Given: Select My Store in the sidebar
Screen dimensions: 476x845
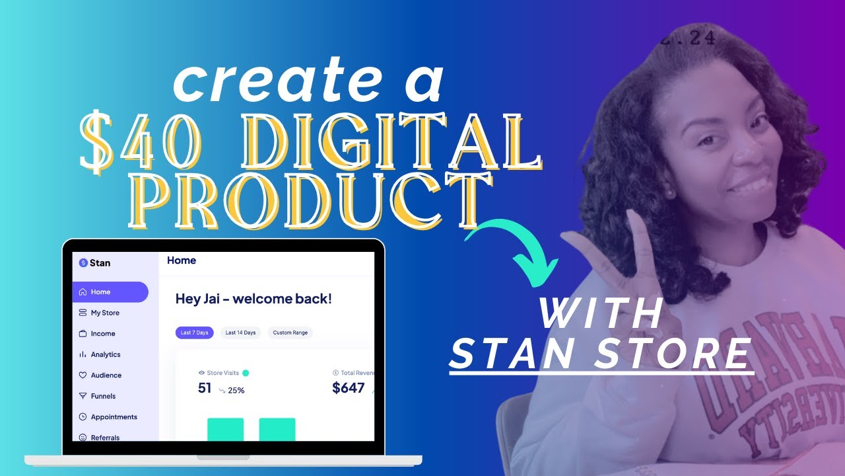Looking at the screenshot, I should [x=104, y=313].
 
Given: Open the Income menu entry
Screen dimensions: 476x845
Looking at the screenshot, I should [x=102, y=334].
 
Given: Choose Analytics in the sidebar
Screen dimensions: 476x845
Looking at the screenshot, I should [x=106, y=354].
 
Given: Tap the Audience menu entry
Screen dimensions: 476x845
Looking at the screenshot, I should [x=106, y=376].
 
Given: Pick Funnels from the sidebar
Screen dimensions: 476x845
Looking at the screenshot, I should [x=103, y=396].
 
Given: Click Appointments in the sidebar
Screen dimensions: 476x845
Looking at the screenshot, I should [x=114, y=417].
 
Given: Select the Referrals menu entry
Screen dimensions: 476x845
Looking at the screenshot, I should [x=105, y=437].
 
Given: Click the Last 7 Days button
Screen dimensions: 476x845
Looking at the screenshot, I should [x=194, y=333].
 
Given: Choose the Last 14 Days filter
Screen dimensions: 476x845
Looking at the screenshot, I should [x=240, y=333].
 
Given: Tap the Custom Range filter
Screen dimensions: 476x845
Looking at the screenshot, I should [x=290, y=333].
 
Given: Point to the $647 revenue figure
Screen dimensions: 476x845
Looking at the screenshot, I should [x=349, y=388].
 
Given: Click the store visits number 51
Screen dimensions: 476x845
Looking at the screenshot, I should [x=205, y=388].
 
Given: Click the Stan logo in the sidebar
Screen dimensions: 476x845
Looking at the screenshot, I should [x=94, y=262].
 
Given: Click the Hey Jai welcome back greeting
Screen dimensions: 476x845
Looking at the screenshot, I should [x=253, y=299].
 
